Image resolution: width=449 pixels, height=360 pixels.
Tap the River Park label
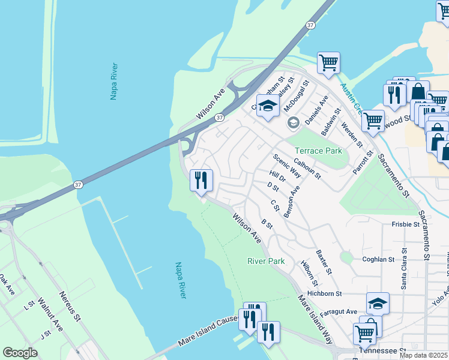(x=266, y=261)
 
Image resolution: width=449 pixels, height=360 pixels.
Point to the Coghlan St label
(x=378, y=259)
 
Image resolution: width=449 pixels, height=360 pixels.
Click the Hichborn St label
(x=324, y=293)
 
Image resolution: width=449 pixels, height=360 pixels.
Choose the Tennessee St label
(x=382, y=350)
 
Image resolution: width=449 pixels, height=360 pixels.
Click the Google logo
(x=20, y=353)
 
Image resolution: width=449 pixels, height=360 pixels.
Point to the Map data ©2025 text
(x=424, y=355)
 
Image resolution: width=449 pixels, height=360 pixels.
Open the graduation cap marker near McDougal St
(x=268, y=106)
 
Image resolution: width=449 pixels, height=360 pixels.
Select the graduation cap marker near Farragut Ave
(x=378, y=303)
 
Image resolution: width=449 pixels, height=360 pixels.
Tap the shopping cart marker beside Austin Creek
(x=328, y=62)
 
